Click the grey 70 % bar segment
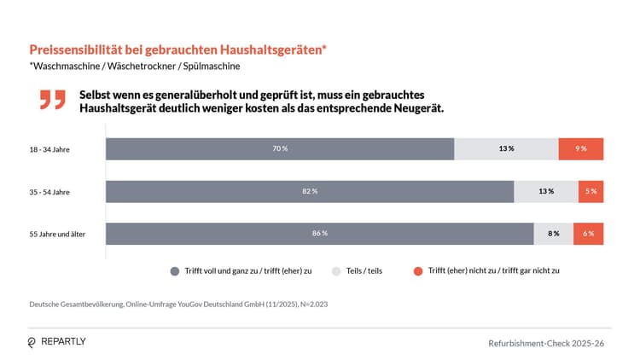(280, 148)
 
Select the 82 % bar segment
(310, 191)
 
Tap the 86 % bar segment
(320, 233)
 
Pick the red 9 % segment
(581, 148)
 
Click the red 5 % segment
(591, 191)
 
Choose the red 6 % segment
(588, 233)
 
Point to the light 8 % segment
(554, 233)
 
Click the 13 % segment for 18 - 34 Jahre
(506, 148)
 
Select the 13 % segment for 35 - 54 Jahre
(546, 191)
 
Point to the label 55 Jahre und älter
(58, 234)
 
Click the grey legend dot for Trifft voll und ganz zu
(175, 270)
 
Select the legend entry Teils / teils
(364, 270)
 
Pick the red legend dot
(418, 270)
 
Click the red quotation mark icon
(52, 99)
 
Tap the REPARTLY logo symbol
(32, 342)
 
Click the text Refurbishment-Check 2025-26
(545, 342)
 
